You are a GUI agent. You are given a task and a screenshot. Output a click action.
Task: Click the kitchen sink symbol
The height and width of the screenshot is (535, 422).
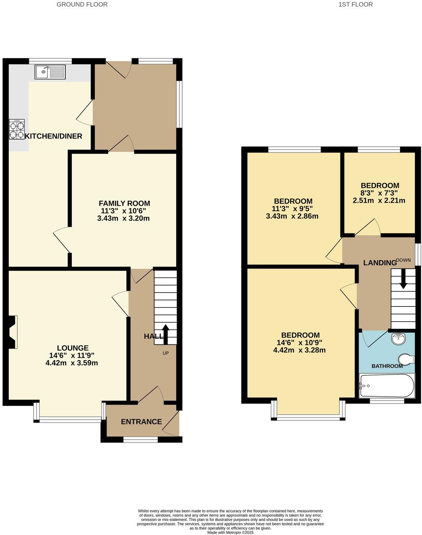50,72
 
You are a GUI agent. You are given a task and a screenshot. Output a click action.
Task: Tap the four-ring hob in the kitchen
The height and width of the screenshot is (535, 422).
17,129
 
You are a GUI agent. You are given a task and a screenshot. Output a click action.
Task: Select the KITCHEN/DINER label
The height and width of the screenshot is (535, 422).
53,136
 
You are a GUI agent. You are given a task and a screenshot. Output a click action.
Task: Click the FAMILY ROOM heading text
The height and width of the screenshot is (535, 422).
124,203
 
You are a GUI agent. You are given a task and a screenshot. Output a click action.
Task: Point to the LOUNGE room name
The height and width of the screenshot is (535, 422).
72,348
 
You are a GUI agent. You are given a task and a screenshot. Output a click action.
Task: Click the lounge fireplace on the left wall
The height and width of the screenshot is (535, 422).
12,332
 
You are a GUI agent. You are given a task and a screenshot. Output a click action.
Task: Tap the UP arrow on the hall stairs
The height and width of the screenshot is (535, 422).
166,331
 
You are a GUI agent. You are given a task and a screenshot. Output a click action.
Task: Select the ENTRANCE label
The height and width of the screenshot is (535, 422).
141,421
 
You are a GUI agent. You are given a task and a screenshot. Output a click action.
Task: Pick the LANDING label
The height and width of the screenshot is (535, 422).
380,263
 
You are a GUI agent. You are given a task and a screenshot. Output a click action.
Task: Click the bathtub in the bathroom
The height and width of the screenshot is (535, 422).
387,385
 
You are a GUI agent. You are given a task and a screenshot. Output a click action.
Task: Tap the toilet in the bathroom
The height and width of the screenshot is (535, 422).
406,359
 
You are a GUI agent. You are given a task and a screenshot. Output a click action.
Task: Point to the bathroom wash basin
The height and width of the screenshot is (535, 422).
398,338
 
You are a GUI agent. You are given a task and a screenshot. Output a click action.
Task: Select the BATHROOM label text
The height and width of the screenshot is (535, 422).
387,366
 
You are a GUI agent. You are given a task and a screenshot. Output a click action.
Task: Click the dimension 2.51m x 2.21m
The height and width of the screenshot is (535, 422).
378,200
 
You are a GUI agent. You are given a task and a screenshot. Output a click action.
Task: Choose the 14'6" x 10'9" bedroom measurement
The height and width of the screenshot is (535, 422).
299,343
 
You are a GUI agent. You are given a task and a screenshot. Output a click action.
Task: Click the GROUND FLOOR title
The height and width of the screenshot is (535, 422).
82,5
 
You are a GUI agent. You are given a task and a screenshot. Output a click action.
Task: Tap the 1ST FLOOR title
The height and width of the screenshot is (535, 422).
355,5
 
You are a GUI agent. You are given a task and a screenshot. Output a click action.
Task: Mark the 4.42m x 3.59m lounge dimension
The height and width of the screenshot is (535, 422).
72,363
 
